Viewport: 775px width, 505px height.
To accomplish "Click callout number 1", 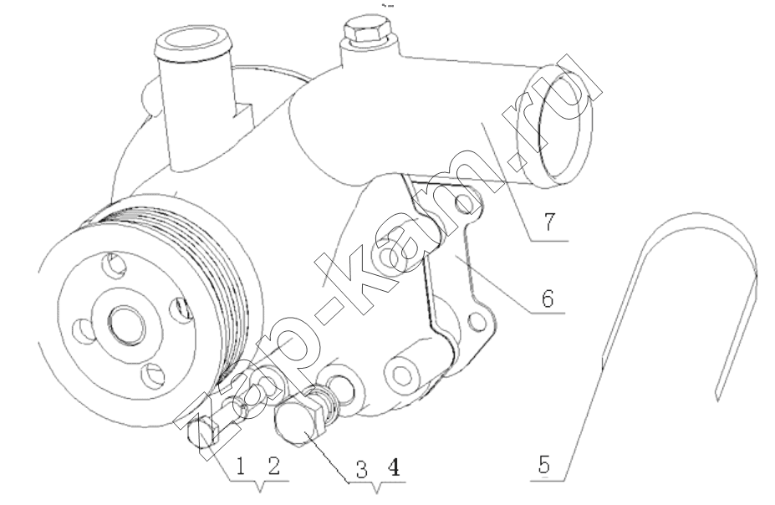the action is click(241, 466).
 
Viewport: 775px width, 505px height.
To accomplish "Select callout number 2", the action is click(274, 466).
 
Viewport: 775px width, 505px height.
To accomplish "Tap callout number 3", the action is click(362, 469).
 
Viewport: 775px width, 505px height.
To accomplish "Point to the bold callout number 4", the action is click(394, 468).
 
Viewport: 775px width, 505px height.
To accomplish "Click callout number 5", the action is click(544, 465).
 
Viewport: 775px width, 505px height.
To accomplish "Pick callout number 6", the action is click(547, 298).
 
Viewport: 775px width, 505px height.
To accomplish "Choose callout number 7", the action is click(549, 222).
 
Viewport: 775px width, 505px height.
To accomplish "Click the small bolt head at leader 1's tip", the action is click(202, 430).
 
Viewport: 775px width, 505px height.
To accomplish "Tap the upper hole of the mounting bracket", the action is click(466, 201).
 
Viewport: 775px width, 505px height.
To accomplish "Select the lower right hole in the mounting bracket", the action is click(476, 322).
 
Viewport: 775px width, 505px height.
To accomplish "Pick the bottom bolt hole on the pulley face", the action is click(152, 375).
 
